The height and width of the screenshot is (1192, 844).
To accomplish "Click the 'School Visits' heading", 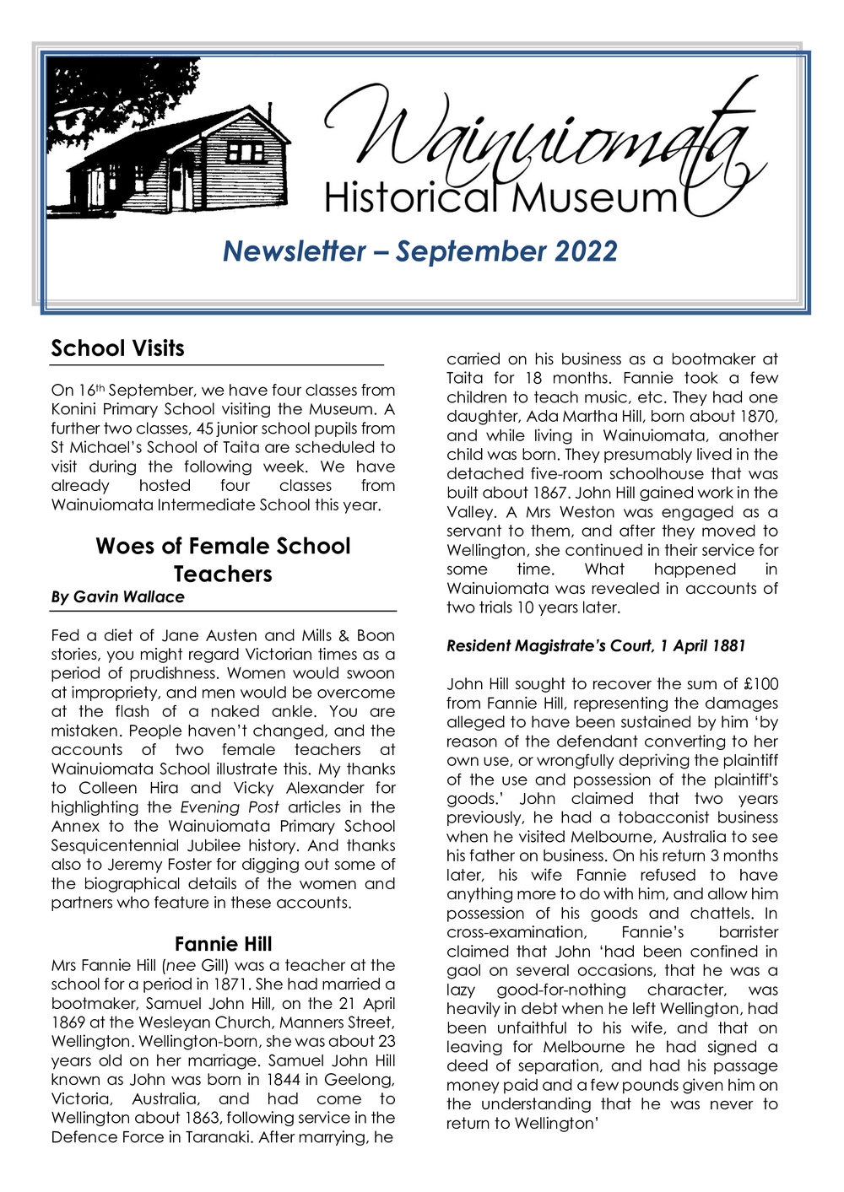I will tap(117, 348).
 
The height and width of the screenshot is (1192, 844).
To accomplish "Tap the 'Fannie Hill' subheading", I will tap(223, 943).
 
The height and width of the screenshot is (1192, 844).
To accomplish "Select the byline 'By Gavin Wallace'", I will tap(117, 596).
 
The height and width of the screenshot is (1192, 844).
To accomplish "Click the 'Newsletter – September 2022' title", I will tap(419, 251).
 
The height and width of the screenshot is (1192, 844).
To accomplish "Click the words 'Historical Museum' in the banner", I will tap(500, 197).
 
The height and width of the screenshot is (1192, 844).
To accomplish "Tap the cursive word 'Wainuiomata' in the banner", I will tap(540, 135).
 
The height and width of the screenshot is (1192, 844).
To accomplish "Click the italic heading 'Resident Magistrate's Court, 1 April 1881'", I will tap(596, 646).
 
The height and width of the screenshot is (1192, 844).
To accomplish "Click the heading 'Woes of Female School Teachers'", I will tap(223, 559).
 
